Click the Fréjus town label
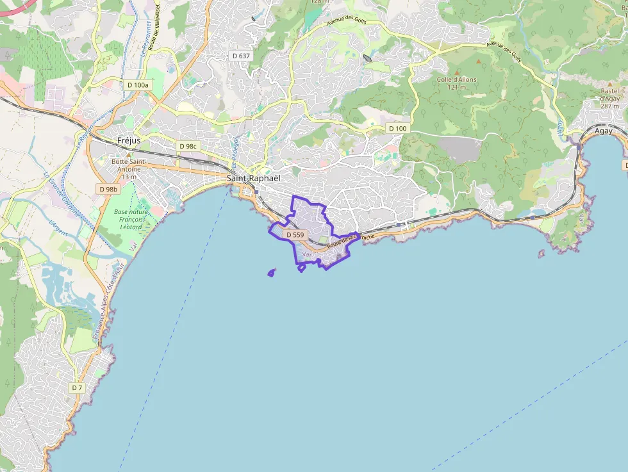pos(129,140)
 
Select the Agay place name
pos(603,131)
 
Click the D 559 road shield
pos(295,235)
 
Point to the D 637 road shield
pos(241,56)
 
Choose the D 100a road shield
pos(138,85)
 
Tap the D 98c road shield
pos(189,146)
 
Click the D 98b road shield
pos(108,189)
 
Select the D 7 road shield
pos(77,387)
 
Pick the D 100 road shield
pos(397,129)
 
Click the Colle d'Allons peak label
pos(457,83)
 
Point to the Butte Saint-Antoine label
pos(129,170)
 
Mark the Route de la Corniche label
pos(350,240)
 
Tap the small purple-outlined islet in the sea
pos(271,273)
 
